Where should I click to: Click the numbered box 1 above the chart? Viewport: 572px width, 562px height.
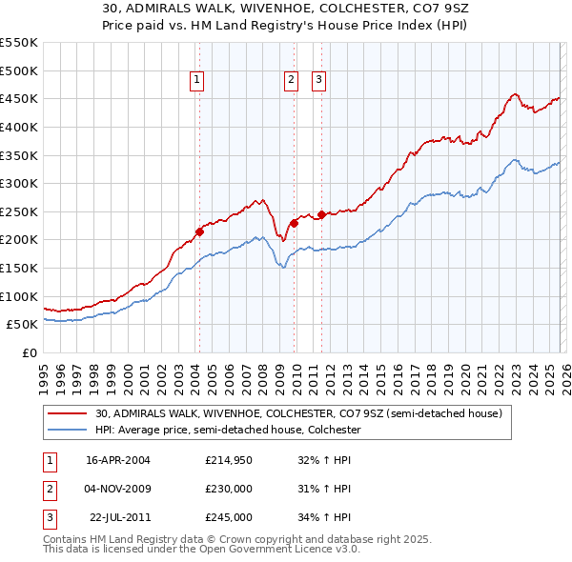point(196,81)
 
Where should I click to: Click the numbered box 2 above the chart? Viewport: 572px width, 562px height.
point(291,81)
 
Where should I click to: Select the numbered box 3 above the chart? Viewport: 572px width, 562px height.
point(318,81)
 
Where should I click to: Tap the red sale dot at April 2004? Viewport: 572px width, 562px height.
point(199,231)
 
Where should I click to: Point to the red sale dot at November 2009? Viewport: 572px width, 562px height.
point(294,222)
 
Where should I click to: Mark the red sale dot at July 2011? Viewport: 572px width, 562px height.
point(322,214)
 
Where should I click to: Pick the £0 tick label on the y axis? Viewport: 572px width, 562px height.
point(30,352)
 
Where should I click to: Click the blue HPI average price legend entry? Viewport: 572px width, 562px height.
point(228,431)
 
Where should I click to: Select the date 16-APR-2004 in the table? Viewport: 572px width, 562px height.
point(118,460)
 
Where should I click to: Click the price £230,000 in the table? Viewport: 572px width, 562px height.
point(228,489)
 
